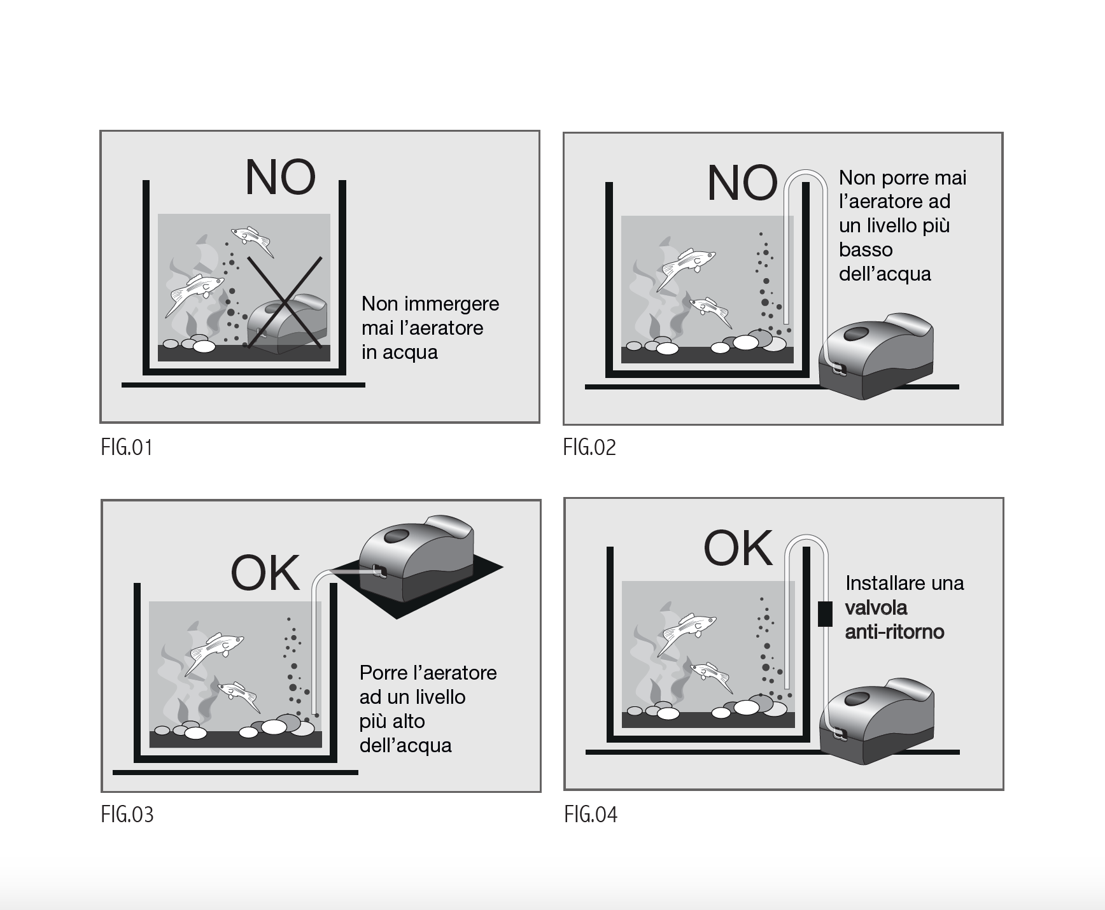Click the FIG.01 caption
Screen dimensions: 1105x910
[127, 447]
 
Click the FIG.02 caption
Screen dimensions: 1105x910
[589, 447]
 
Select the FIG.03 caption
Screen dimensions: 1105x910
[127, 815]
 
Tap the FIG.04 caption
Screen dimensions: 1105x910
[591, 815]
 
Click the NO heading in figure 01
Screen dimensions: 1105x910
[280, 178]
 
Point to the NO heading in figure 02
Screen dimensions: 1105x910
[742, 183]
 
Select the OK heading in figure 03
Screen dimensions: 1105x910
[265, 573]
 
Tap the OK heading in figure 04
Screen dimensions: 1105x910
[738, 548]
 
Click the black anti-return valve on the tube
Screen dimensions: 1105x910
[825, 613]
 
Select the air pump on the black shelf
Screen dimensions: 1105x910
[416, 553]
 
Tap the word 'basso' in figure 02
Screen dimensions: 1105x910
[866, 250]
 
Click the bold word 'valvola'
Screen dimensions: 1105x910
[876, 608]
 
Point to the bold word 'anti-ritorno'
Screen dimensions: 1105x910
[894, 632]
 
